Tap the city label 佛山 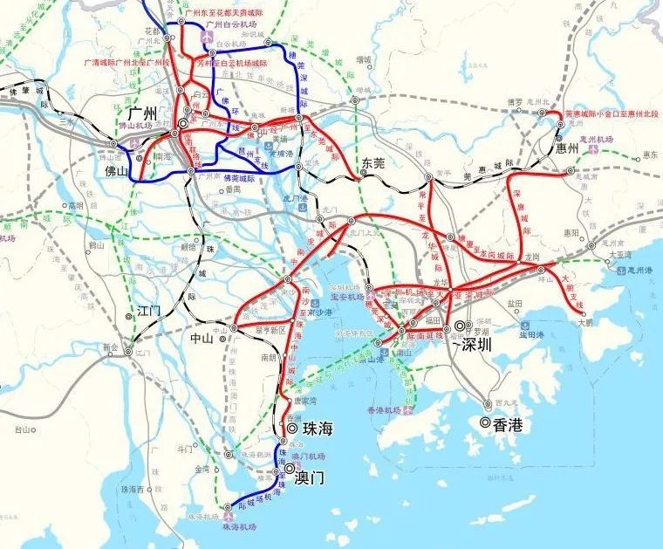pos(116,171)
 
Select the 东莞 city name pos(373,162)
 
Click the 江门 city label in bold pos(149,310)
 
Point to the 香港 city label pos(507,425)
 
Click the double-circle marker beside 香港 pos(485,422)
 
